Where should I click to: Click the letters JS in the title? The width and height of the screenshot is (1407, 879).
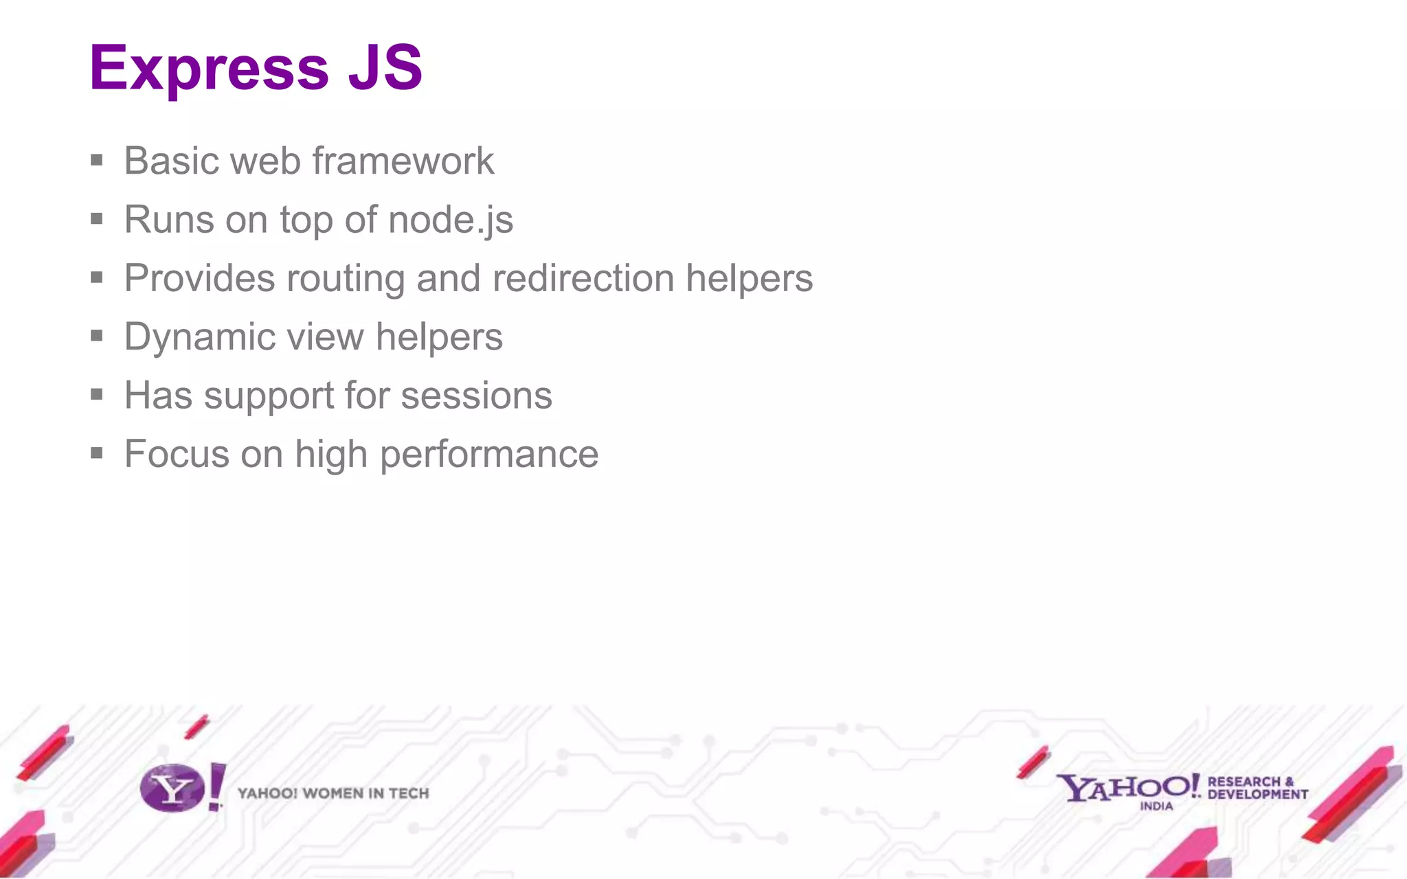[385, 67]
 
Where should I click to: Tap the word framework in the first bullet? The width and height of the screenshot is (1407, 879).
[403, 161]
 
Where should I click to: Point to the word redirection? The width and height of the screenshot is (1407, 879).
[583, 279]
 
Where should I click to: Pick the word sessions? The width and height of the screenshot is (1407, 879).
[476, 396]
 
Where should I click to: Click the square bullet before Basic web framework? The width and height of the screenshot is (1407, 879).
[97, 161]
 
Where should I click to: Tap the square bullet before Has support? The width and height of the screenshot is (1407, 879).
[97, 395]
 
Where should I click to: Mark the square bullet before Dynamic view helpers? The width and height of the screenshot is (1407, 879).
[97, 336]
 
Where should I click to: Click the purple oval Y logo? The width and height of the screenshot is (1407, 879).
[172, 788]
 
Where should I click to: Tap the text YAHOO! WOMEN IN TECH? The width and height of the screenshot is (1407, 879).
[333, 794]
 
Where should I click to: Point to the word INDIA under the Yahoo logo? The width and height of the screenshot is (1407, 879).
[1156, 806]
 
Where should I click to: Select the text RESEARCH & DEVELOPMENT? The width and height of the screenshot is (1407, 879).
[1257, 788]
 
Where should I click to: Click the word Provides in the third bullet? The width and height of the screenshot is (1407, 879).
[199, 279]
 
